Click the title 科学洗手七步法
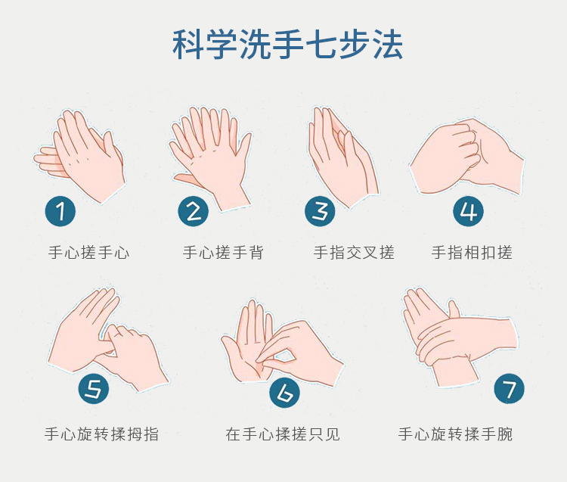pos(287,45)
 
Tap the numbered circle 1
pos(60,211)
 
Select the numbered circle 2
pos(194,211)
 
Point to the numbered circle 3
pos(320,211)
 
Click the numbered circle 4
pos(468,211)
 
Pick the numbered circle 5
pos(94,389)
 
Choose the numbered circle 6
pos(284,392)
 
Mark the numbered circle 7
pos(509,389)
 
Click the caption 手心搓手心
pos(88,252)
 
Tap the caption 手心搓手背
pos(223,252)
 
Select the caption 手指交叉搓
pos(354,252)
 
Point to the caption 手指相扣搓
pos(472,252)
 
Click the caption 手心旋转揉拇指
pos(101,434)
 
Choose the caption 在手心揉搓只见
pos(283,434)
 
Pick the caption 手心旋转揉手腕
pos(455,434)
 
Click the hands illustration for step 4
pos(467,157)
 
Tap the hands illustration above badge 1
pos(79,157)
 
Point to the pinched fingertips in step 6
pos(262,358)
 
